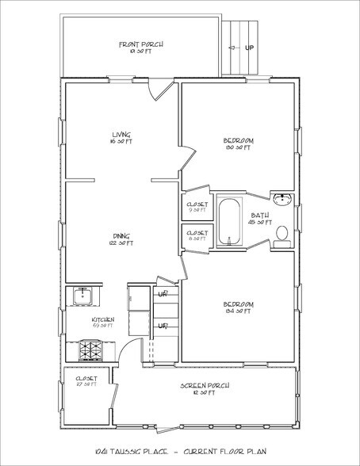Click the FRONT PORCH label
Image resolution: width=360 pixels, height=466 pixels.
tap(141, 45)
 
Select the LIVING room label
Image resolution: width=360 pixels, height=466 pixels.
tap(121, 135)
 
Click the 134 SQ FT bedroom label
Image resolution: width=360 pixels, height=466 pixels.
tap(239, 305)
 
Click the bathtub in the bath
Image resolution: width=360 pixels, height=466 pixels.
tap(228, 223)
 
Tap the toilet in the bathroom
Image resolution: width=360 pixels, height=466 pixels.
tap(281, 232)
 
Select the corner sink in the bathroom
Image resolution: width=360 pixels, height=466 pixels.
tap(285, 198)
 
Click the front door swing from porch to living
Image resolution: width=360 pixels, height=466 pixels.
tap(161, 90)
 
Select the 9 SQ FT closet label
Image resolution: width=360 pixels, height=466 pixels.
tap(197, 207)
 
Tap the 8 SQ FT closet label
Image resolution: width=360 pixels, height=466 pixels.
tap(197, 235)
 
